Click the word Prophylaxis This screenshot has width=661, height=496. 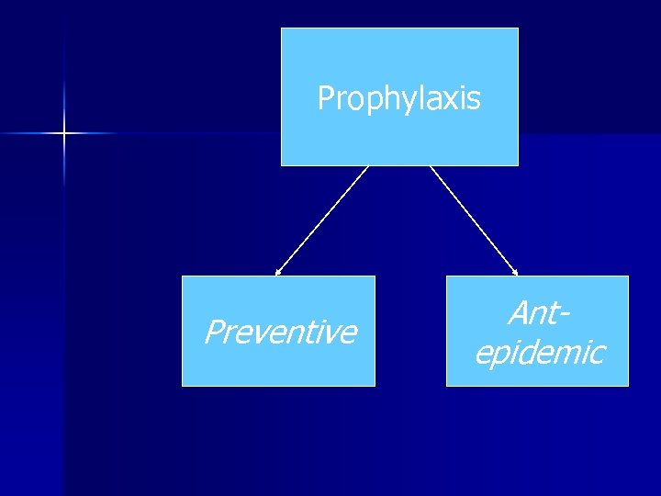tap(398, 98)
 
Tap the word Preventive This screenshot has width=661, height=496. tap(280, 332)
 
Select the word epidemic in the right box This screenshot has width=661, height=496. tap(539, 352)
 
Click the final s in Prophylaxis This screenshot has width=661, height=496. tap(474, 98)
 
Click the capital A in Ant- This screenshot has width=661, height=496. tap(517, 314)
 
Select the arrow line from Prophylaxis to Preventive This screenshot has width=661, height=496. tap(321, 220)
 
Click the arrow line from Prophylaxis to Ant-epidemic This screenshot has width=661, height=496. tap(475, 220)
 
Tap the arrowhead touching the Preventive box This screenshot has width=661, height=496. tap(278, 272)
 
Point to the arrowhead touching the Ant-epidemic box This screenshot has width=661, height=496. tap(515, 272)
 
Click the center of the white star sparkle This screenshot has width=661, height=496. tap(64, 134)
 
